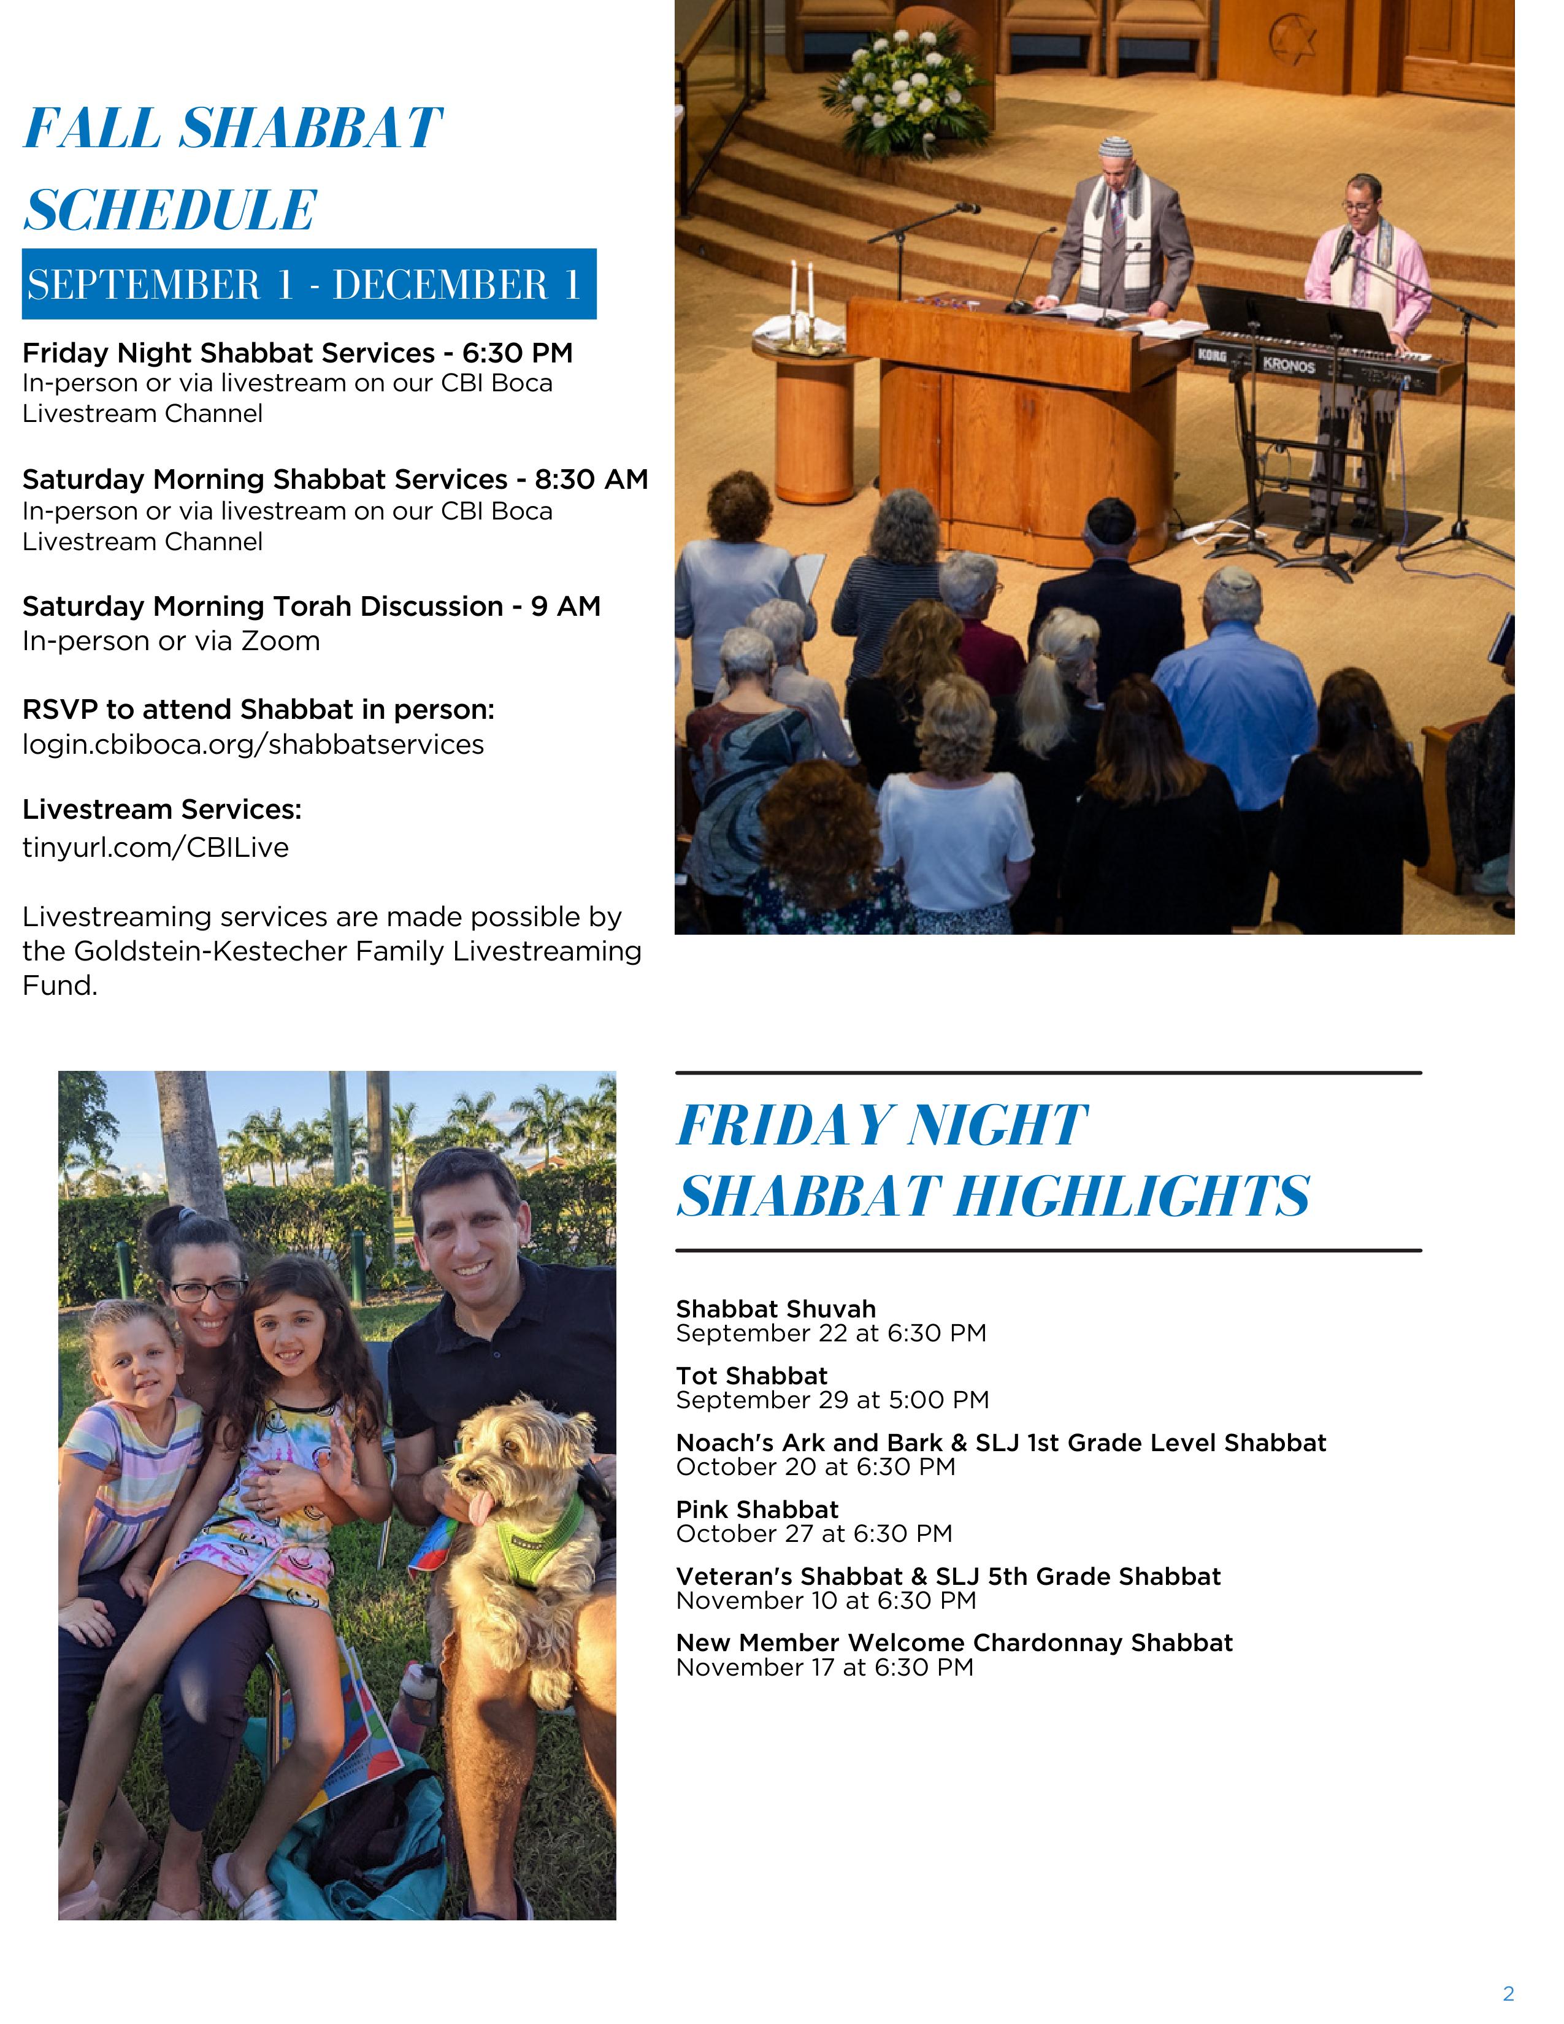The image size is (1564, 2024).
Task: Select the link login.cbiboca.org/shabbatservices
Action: click(253, 744)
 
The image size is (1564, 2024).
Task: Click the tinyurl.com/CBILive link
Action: click(156, 847)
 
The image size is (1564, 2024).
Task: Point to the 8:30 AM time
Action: click(591, 479)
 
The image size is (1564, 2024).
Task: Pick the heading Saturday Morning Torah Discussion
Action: click(263, 606)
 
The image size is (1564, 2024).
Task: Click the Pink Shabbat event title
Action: click(757, 1509)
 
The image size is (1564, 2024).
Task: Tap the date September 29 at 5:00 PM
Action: click(832, 1400)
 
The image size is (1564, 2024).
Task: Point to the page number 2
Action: click(1508, 1993)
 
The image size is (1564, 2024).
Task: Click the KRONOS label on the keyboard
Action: click(1288, 365)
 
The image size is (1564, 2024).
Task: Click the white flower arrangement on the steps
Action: click(903, 88)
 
